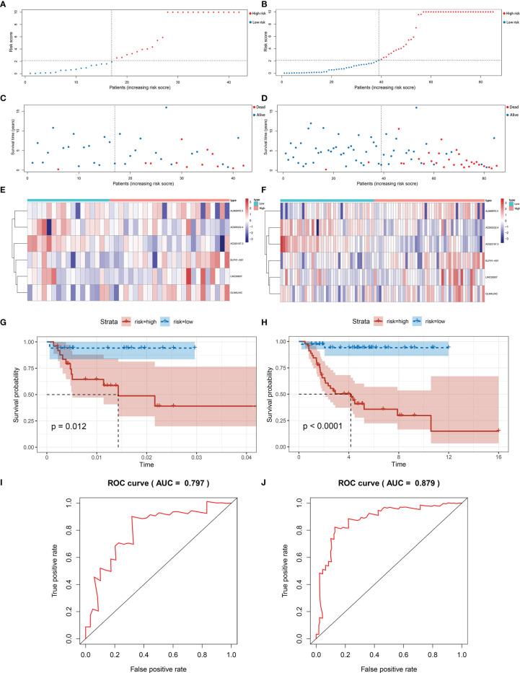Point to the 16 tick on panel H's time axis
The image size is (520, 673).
(x=498, y=457)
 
